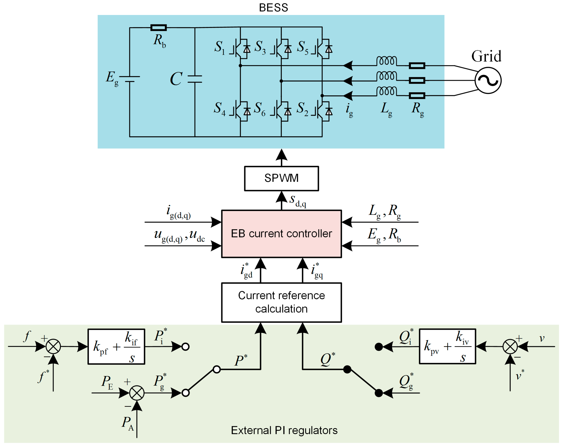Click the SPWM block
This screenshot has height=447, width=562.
(x=281, y=178)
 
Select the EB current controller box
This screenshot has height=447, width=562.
(x=281, y=234)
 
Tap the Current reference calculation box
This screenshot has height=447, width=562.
(x=281, y=302)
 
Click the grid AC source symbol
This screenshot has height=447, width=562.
(x=488, y=80)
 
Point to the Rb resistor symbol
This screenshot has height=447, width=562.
(x=158, y=28)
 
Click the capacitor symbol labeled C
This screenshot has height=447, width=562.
(x=195, y=79)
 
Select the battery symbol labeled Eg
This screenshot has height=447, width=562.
(x=130, y=79)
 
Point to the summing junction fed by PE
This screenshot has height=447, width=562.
(x=137, y=393)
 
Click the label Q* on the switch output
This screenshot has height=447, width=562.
(x=328, y=359)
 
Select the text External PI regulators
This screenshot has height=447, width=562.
(x=284, y=430)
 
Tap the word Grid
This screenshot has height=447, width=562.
(x=486, y=56)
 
